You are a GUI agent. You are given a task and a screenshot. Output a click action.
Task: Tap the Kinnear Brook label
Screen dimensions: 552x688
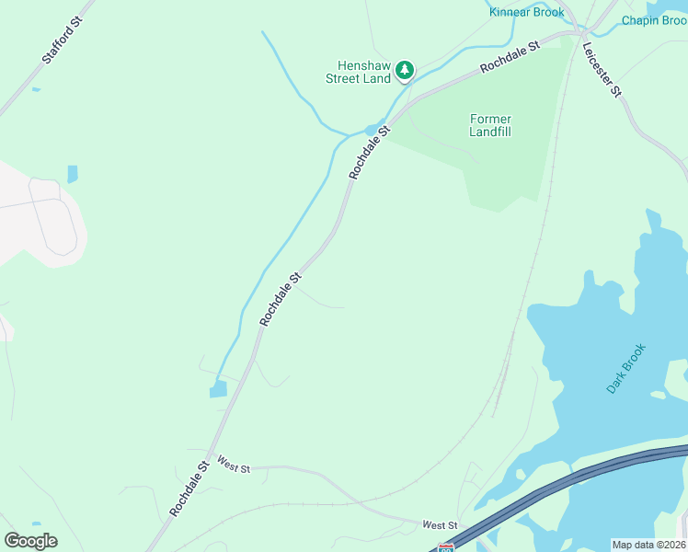(x=526, y=12)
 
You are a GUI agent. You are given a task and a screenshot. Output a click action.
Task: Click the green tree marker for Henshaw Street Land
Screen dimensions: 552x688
(x=404, y=70)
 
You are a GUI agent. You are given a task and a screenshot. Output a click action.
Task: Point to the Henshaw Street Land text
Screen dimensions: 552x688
(x=358, y=72)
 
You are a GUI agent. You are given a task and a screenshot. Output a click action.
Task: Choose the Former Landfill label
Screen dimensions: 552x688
(x=489, y=125)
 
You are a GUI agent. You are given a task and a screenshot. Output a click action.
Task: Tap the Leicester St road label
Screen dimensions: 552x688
(x=602, y=68)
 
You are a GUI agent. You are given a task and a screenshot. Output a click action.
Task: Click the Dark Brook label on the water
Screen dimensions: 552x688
(x=626, y=369)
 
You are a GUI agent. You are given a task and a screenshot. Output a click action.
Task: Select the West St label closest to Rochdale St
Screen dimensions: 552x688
(x=234, y=467)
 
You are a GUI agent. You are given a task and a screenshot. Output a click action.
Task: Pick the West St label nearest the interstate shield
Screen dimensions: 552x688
(x=440, y=524)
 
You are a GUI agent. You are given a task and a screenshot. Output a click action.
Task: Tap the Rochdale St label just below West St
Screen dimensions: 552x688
(x=189, y=488)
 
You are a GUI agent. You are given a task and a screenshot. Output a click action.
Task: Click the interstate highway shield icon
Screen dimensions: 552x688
(x=445, y=547)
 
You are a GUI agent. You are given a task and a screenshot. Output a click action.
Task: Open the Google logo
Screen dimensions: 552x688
(x=30, y=540)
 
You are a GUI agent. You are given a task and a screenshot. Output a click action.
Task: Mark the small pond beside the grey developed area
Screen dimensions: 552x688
(x=73, y=174)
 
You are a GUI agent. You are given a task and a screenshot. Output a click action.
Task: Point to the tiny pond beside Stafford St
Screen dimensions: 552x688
(x=36, y=89)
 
